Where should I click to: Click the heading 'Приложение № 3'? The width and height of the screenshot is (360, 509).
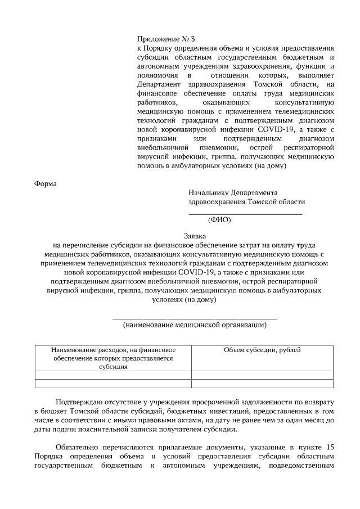[166, 39]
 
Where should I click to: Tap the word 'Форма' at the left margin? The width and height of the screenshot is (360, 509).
[46, 183]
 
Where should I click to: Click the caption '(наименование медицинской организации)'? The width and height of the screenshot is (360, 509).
[195, 325]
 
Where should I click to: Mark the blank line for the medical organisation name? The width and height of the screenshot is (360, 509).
[195, 318]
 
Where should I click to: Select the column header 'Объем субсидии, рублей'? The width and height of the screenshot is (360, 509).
[262, 350]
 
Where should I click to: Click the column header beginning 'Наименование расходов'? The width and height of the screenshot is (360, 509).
[113, 350]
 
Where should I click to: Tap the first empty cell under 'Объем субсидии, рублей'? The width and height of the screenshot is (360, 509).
[262, 375]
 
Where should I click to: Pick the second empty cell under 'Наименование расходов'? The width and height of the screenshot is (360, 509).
[113, 384]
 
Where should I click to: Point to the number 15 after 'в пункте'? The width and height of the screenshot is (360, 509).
[331, 447]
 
